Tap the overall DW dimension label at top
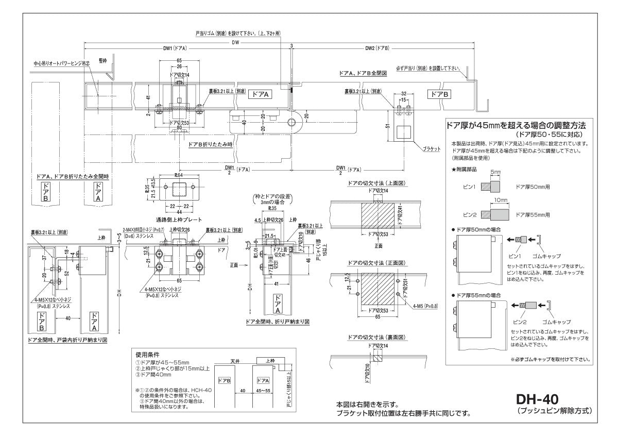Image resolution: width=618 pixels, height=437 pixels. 235,43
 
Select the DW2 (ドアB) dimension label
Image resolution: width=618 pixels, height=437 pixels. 377,49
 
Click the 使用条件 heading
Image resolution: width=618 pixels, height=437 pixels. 147,355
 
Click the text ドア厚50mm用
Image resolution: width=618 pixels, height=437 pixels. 533,188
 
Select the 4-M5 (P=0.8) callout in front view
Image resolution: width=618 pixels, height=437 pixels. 425,306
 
